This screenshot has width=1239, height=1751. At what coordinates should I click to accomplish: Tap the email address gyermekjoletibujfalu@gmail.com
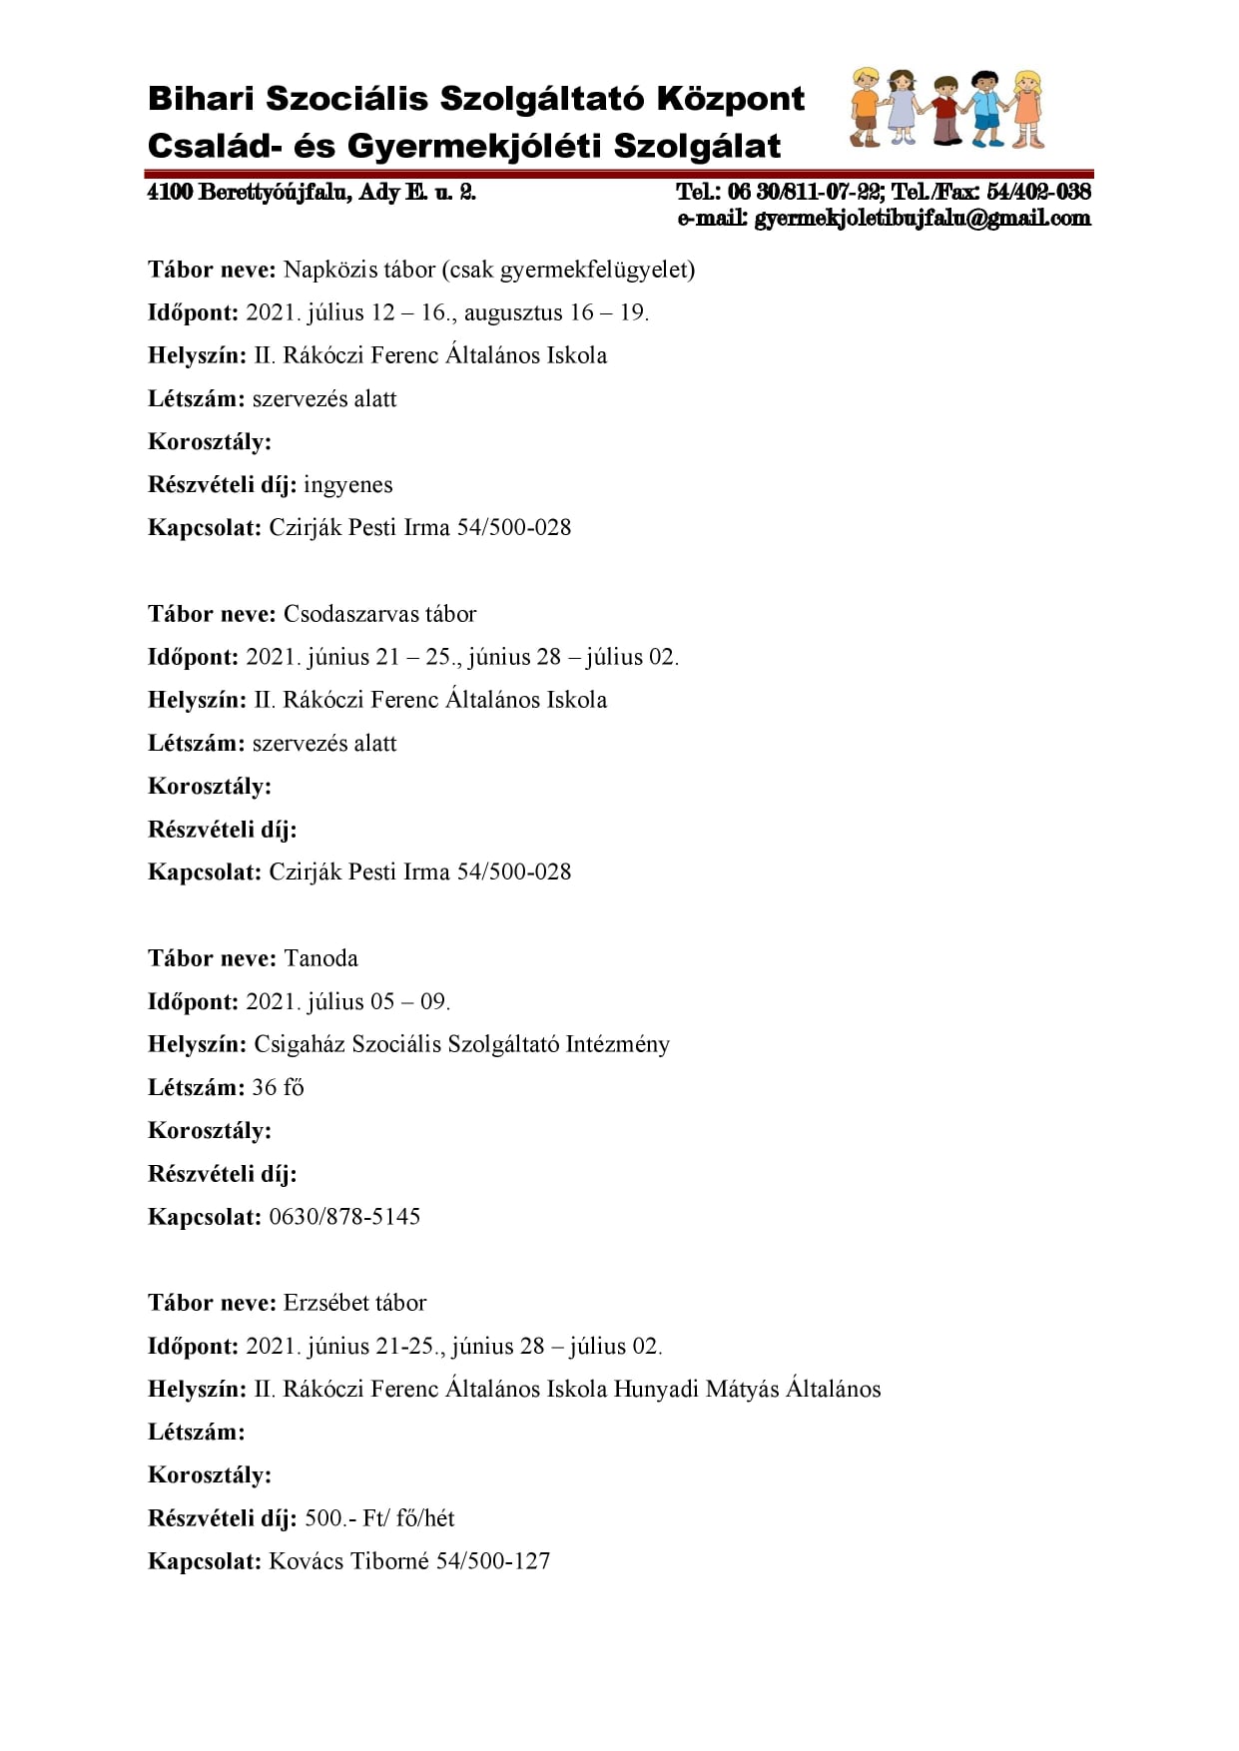click(922, 219)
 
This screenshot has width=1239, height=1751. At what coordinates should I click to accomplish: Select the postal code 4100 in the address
click(170, 192)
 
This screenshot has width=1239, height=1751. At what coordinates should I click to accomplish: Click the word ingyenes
click(347, 485)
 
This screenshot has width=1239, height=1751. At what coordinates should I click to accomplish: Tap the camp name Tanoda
click(320, 958)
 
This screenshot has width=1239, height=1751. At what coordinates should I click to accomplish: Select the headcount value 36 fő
click(278, 1087)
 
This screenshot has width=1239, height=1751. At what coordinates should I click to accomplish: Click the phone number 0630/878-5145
click(344, 1217)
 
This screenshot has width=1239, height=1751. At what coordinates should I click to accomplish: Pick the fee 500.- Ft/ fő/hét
click(378, 1518)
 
